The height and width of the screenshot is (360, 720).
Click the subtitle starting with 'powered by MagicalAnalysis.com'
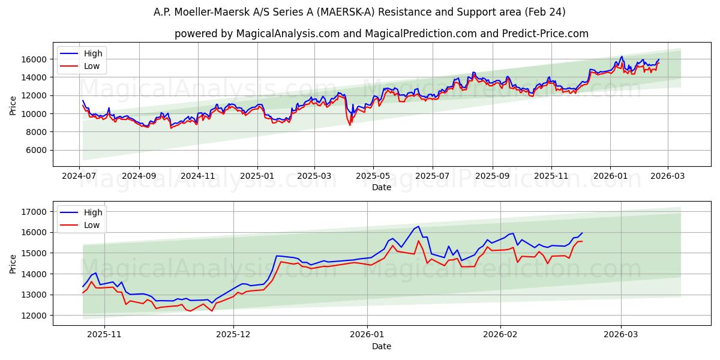tap(381, 34)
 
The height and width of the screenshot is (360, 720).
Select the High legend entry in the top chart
tap(93, 53)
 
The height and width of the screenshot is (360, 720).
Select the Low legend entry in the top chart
tap(92, 66)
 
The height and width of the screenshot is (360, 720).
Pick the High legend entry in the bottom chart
tap(93, 212)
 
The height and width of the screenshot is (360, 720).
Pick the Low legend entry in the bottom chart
tap(92, 225)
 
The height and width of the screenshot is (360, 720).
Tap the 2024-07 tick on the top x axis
tap(80, 176)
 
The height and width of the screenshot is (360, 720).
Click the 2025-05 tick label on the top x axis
tap(373, 176)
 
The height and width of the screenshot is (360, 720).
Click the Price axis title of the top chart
tap(13, 105)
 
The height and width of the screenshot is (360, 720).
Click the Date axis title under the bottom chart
tap(381, 346)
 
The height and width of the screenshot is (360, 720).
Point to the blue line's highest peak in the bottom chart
tap(418, 227)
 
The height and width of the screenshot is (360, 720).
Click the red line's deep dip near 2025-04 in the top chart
tap(350, 125)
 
